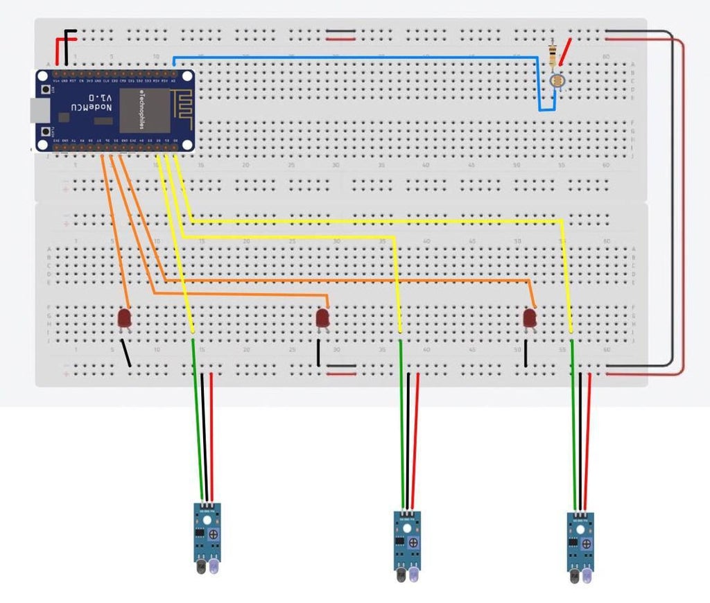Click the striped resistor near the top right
(x=553, y=55)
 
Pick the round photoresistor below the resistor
(x=555, y=82)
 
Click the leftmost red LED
(x=124, y=318)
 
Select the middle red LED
(x=322, y=318)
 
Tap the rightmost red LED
(x=530, y=318)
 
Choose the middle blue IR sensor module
(x=406, y=541)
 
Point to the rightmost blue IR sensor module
(x=580, y=541)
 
